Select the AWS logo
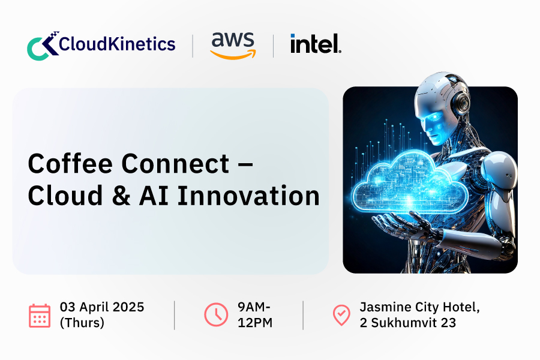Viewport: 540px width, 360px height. pos(233,45)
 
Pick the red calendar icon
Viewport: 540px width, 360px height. pos(41,316)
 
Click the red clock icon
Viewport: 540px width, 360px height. pos(217,314)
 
